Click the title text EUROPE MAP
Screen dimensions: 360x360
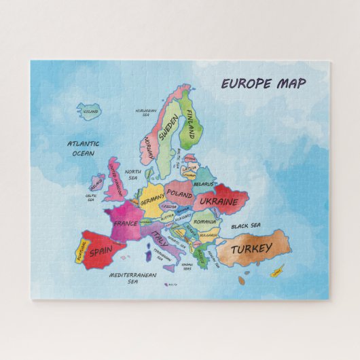tap(263, 84)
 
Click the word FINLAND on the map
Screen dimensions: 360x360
tap(191, 122)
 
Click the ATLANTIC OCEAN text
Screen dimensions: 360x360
tap(83, 148)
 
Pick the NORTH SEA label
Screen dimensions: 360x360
tap(132, 175)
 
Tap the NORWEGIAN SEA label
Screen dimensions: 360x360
tap(145, 112)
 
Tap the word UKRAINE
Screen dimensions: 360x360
tap(219, 202)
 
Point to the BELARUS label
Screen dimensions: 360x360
tap(203, 183)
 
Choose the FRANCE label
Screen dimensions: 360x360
tap(125, 223)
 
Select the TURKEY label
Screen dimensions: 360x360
tap(252, 249)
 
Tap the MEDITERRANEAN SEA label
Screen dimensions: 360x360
tap(133, 278)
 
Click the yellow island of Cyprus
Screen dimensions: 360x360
tap(276, 273)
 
